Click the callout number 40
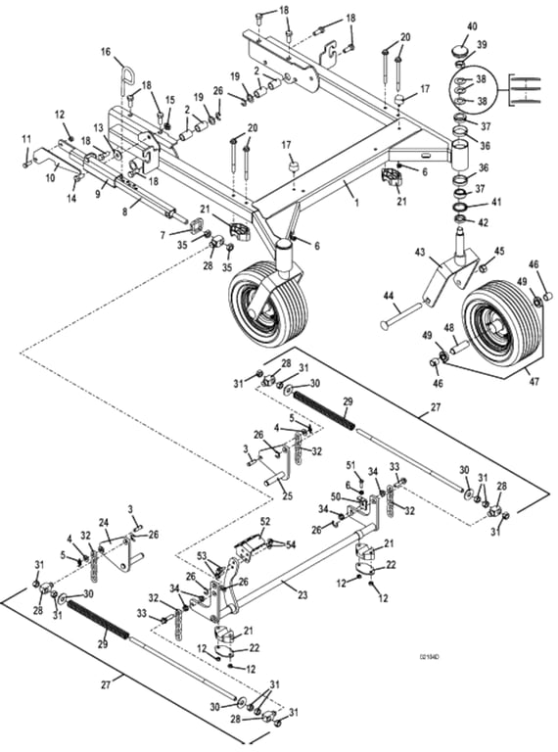(x=472, y=26)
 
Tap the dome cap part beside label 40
(x=460, y=48)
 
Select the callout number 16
(x=106, y=51)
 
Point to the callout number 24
(x=105, y=522)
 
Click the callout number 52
(x=265, y=522)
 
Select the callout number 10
(x=51, y=178)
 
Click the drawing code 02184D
(x=428, y=655)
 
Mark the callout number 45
(x=499, y=252)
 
